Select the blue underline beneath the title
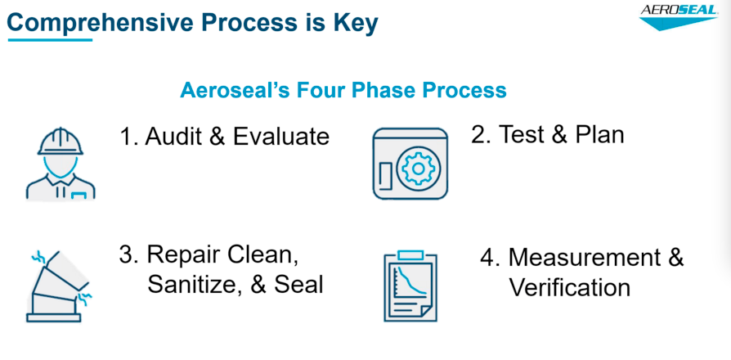[x=48, y=40]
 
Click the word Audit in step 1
[x=174, y=136]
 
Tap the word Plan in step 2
[x=596, y=133]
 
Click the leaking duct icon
[x=60, y=283]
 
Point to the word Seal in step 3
[x=301, y=284]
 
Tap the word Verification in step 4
[x=569, y=287]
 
